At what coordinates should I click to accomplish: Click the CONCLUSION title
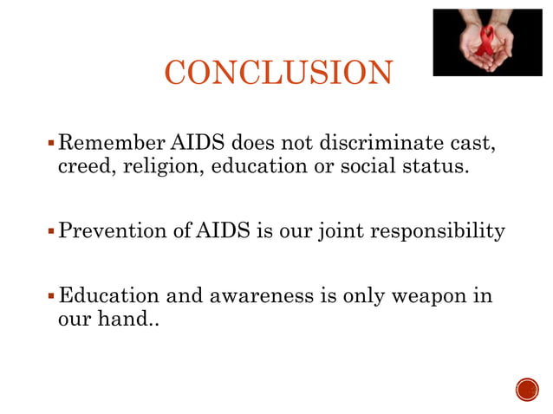pos(278,73)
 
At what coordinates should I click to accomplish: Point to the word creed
pos(81,166)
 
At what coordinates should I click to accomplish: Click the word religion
pos(159,166)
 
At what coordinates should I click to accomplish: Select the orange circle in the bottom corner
pos(526,391)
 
